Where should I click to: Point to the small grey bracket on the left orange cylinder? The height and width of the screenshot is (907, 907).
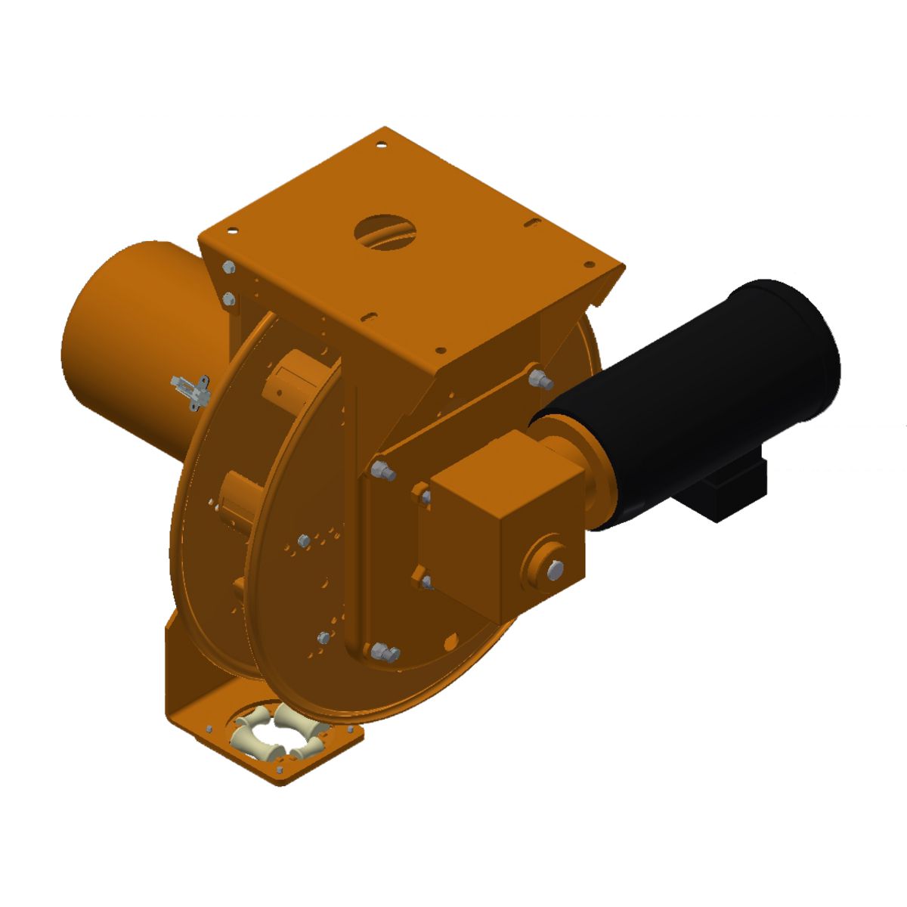click(189, 392)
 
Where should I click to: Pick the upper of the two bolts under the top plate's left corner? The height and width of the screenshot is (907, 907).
click(228, 268)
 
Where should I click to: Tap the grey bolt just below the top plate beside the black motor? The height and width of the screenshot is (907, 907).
click(539, 378)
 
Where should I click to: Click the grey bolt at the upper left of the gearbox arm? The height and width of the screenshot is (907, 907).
click(384, 472)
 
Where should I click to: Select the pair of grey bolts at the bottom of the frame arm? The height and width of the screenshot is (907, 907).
click(385, 653)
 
